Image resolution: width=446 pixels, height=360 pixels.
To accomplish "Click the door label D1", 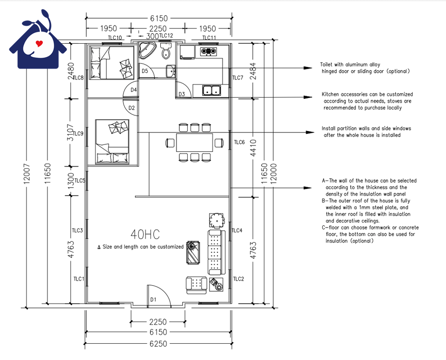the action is pos(153,300).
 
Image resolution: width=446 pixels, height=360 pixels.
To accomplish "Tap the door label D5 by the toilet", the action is pos(145,71).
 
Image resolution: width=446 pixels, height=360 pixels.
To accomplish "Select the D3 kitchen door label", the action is pos(182,94).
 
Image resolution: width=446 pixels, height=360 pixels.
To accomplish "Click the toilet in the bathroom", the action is pos(165,52).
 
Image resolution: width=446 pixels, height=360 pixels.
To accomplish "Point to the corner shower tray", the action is pos(146,50).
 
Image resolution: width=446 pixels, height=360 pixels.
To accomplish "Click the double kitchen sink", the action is pos(212,91).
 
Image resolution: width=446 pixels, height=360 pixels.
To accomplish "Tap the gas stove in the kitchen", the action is pos(209,52).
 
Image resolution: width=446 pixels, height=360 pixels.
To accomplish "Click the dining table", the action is pos(195,143).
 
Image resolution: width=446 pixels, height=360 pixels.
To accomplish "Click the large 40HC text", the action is pos(145,234).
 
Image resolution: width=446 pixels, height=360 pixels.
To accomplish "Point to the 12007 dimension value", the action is pos(26,173).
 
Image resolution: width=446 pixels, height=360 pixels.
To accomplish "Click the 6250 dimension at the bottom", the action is pos(158,344).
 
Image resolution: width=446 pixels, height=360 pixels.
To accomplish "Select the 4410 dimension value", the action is pos(253,148).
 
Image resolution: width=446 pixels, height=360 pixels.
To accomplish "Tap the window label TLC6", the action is pos(239,142).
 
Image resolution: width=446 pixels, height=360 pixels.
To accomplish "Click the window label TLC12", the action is pos(166,36).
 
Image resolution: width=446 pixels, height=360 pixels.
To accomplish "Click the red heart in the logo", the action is pos(39,44).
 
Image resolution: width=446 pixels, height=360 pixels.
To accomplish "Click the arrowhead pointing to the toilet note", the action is pos(308,68).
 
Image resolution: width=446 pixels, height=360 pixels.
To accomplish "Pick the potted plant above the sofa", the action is pos(217,221).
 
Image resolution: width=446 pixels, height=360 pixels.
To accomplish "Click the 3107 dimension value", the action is pos(71,132).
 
